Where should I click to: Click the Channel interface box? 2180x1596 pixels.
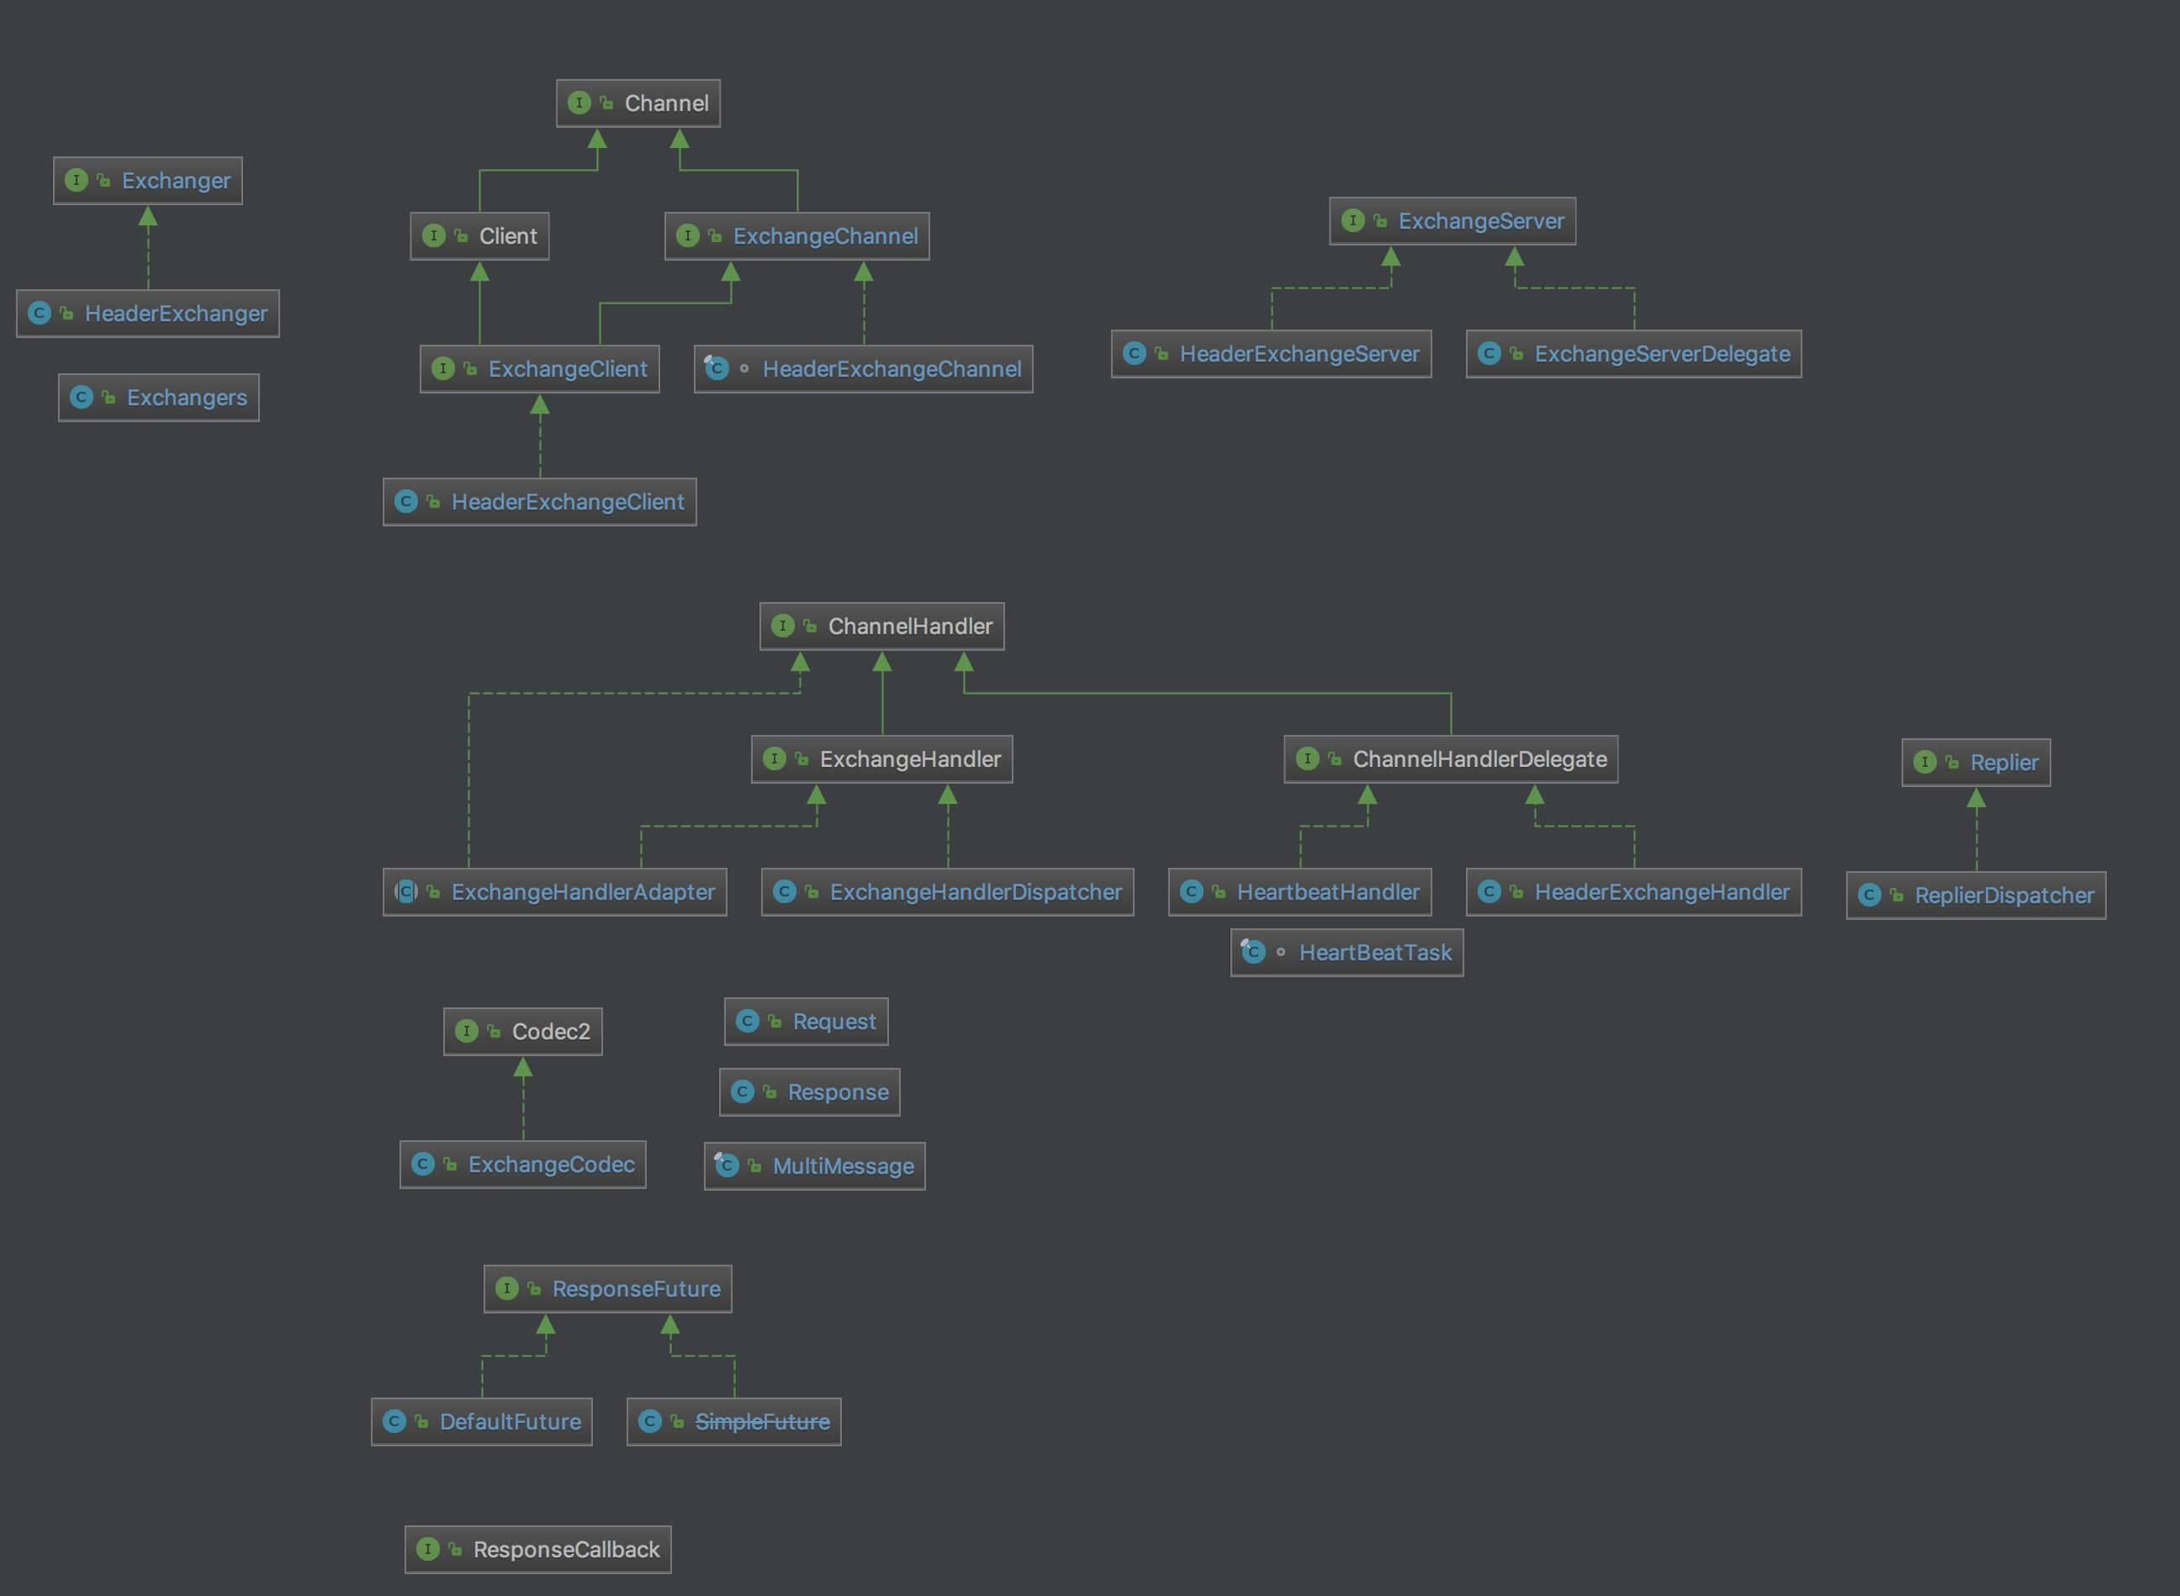[x=638, y=103]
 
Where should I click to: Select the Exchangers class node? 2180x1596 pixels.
[x=158, y=398]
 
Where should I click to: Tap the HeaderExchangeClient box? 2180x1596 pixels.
[x=539, y=502]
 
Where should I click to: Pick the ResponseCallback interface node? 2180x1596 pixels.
[x=537, y=1550]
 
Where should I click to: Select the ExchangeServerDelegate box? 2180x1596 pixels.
[x=1633, y=355]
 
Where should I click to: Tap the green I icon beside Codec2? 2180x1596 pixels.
[x=467, y=1032]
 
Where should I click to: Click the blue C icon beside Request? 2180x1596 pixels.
[x=747, y=1021]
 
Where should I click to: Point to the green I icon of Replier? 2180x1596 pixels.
[x=1924, y=762]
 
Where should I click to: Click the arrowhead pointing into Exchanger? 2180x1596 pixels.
[x=148, y=216]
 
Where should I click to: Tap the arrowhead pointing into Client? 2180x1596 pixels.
[x=479, y=272]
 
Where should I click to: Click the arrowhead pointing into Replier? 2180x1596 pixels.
[x=1976, y=799]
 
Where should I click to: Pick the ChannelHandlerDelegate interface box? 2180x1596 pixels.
[x=1451, y=759]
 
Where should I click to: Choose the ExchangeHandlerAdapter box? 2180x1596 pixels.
[x=554, y=891]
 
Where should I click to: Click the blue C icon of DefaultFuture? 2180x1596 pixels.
[x=394, y=1421]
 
